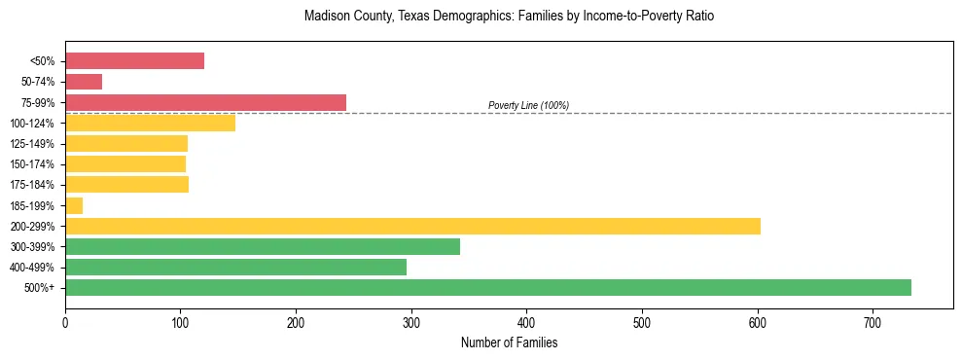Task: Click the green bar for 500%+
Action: click(x=487, y=287)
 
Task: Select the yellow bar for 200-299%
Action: click(x=412, y=226)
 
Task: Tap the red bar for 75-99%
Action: click(x=205, y=102)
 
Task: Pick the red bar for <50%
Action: click(x=134, y=61)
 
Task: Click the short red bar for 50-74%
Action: click(x=84, y=82)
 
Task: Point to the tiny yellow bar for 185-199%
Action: click(x=74, y=205)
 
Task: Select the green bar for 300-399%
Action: click(x=263, y=246)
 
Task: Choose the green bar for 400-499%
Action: click(x=235, y=267)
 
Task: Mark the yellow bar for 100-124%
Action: click(x=150, y=123)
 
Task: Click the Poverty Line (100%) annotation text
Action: click(x=528, y=105)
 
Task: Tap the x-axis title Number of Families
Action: click(x=509, y=343)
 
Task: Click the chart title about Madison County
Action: click(x=509, y=17)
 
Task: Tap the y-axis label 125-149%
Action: click(x=36, y=144)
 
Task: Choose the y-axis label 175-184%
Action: click(x=36, y=185)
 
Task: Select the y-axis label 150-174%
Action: click(x=36, y=164)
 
